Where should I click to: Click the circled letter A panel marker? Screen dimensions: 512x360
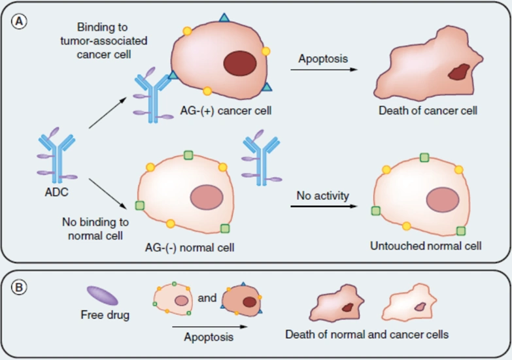click(19, 22)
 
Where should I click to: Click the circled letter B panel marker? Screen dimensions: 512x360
click(19, 287)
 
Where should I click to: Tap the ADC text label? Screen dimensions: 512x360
click(57, 192)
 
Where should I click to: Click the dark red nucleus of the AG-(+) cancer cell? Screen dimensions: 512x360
click(240, 63)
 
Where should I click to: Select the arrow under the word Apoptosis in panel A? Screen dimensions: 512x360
click(324, 69)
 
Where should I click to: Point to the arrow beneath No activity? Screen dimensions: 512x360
click(324, 206)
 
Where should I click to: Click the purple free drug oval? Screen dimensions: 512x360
click(103, 295)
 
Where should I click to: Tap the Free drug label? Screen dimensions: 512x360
click(105, 315)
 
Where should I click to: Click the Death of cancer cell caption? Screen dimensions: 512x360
click(428, 110)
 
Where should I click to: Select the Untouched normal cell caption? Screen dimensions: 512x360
click(426, 246)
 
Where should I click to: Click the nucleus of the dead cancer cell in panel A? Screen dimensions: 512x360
click(459, 72)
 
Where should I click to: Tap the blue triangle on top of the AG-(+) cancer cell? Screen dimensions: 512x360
click(224, 18)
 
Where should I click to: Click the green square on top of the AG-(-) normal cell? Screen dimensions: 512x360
click(188, 155)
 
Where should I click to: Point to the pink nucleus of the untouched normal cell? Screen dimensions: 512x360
click(443, 200)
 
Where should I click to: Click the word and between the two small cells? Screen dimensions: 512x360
click(207, 298)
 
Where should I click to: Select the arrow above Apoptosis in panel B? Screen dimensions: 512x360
click(210, 327)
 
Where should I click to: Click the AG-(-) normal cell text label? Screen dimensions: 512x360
click(190, 248)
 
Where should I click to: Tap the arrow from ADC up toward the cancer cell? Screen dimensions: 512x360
click(108, 112)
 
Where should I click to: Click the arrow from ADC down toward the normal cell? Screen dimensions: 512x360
click(108, 193)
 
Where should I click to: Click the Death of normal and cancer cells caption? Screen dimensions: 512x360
click(367, 335)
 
